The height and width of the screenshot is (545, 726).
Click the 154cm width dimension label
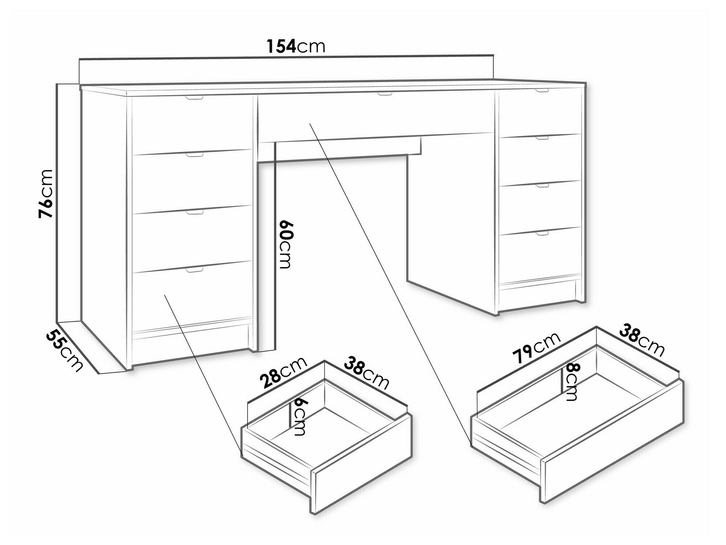(x=296, y=47)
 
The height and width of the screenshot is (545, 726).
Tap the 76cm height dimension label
(x=46, y=194)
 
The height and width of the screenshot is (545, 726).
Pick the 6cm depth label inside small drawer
(x=300, y=416)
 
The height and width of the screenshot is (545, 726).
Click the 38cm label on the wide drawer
(x=642, y=342)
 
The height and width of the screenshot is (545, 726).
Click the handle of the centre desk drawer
(x=384, y=94)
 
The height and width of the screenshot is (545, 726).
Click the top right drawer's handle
(x=542, y=90)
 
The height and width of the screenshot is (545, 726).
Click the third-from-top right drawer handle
(x=542, y=185)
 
